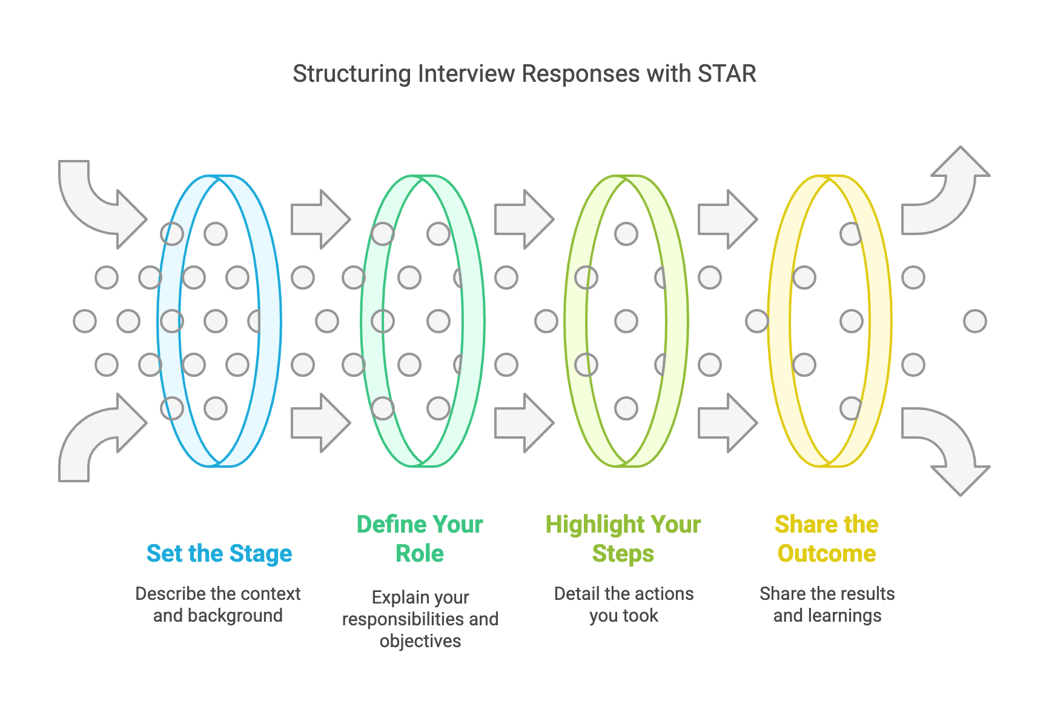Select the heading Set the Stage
[x=219, y=553]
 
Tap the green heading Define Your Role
[x=420, y=539]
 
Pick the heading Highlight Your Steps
[x=623, y=539]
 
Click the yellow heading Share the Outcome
[x=827, y=539]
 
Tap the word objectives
[x=420, y=641]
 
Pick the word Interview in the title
[x=467, y=74]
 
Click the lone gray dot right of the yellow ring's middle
[x=975, y=321]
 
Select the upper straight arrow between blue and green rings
[x=320, y=219]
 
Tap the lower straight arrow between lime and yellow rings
[x=727, y=423]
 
